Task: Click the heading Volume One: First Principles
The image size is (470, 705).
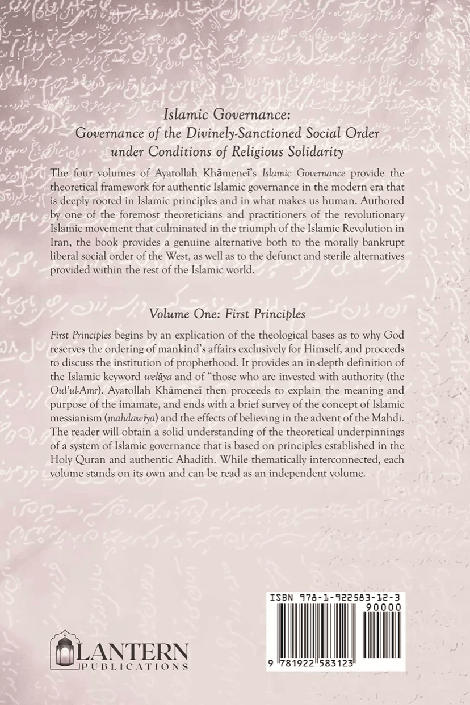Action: (x=235, y=313)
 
